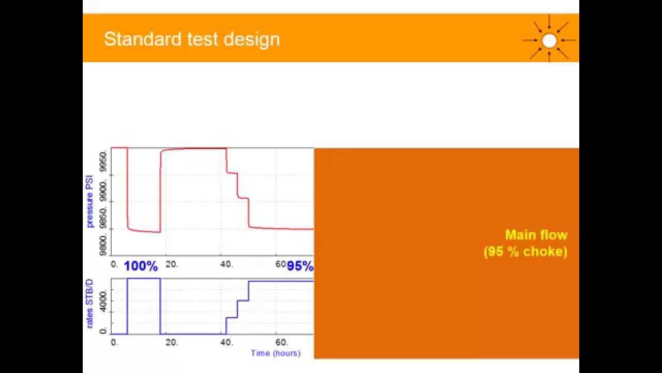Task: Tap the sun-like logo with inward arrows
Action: coord(549,40)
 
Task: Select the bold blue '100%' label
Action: coord(141,266)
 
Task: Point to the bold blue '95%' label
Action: coord(300,266)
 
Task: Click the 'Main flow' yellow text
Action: coord(536,235)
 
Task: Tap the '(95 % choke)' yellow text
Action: coord(525,252)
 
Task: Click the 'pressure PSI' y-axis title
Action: coord(90,201)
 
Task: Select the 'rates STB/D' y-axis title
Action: coord(90,304)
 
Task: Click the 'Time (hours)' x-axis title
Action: coord(275,353)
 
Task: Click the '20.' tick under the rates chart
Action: coord(172,342)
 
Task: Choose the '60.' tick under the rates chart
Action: coord(282,342)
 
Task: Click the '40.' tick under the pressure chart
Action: coord(227,264)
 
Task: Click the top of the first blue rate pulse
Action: coord(144,279)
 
